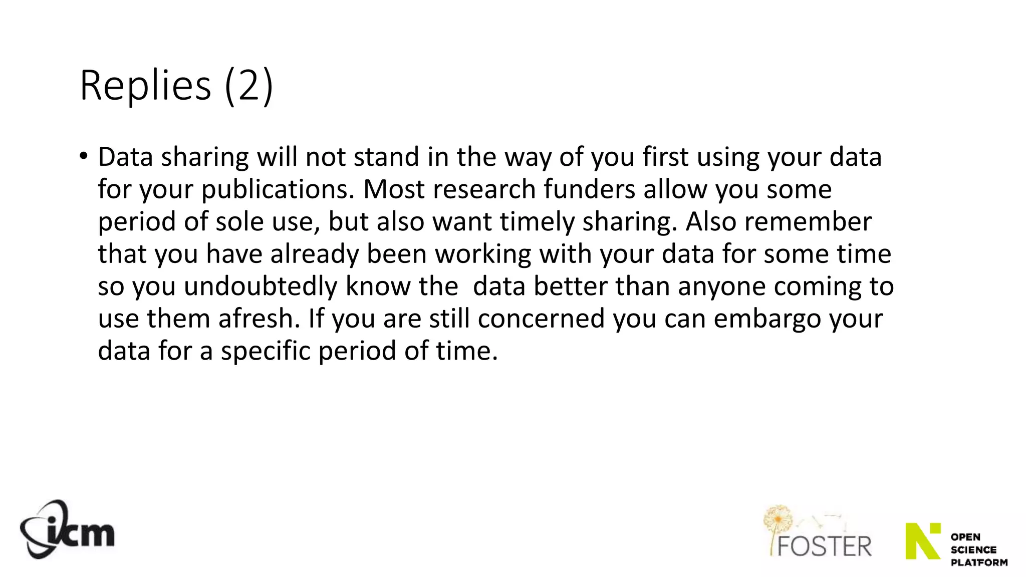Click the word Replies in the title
coord(145,86)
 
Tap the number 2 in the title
coord(249,86)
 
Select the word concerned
coord(541,319)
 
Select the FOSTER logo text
coord(824,546)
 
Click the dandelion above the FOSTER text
coord(778,521)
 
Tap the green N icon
coord(922,541)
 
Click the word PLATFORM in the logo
coord(979,562)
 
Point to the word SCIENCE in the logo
coord(973,550)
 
